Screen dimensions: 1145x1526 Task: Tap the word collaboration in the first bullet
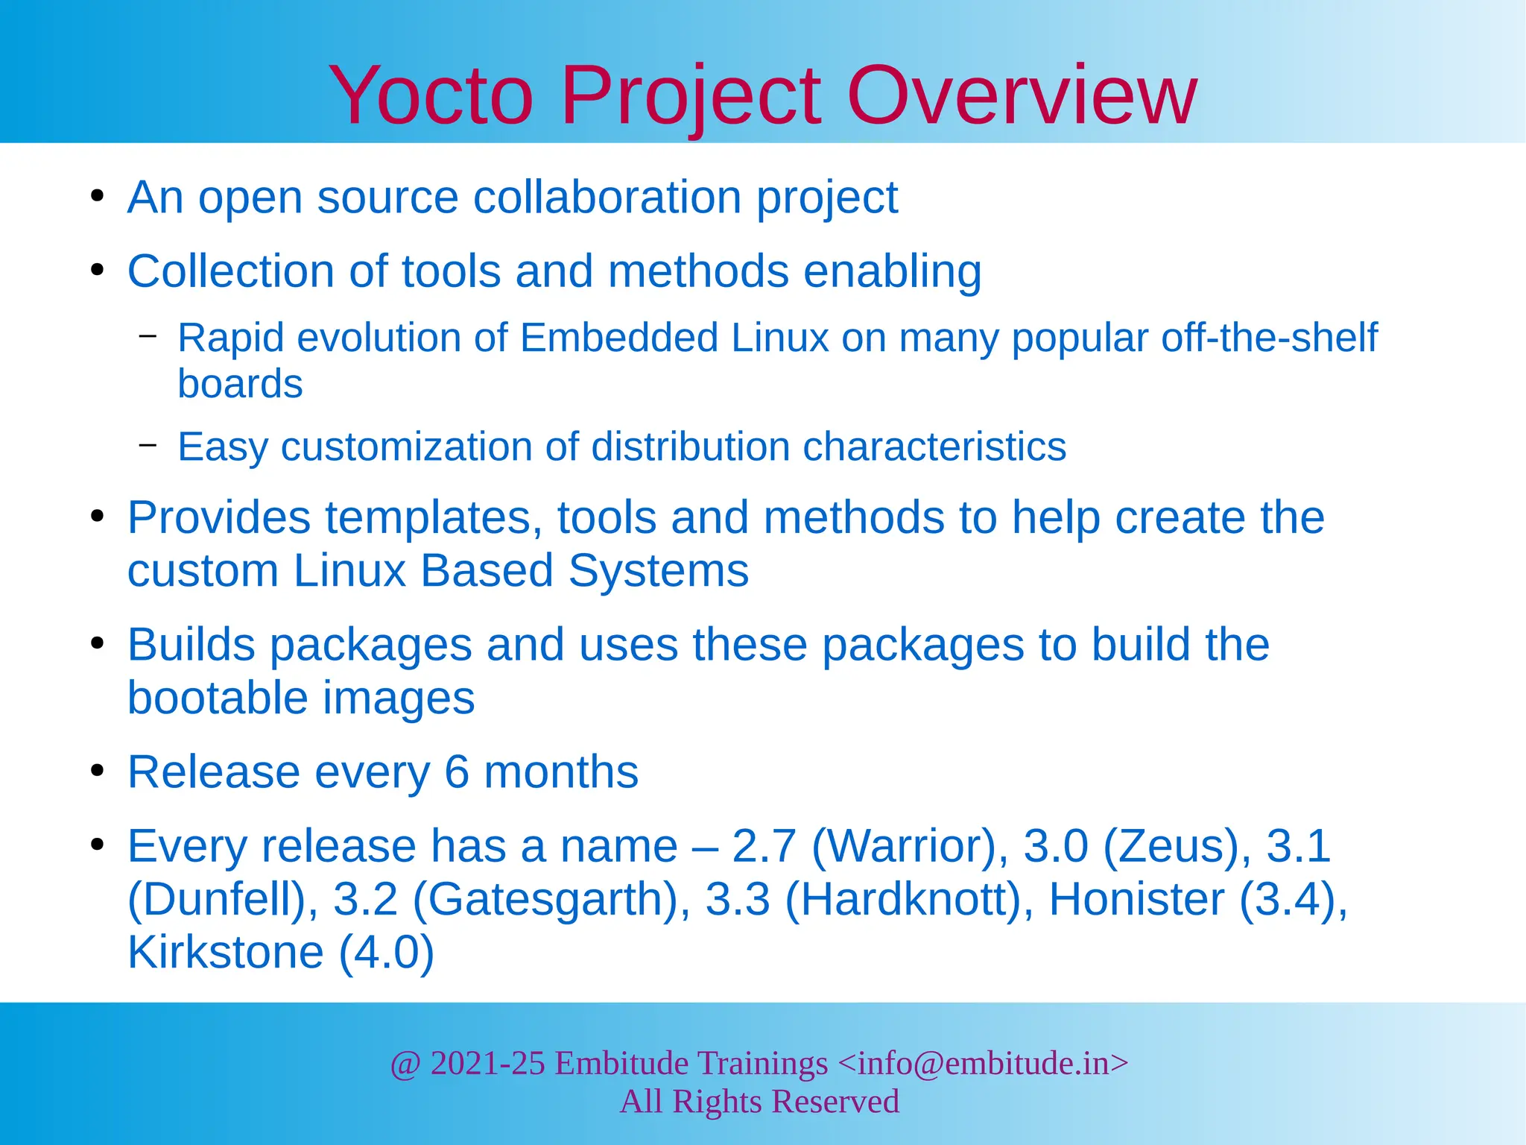coord(607,198)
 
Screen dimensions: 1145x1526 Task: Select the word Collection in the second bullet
coord(231,271)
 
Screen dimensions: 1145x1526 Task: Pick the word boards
coord(240,384)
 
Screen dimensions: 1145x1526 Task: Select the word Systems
coord(658,571)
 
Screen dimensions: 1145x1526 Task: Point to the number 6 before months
coord(457,772)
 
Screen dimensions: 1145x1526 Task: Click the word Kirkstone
coord(226,953)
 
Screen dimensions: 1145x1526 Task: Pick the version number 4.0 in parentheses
coord(385,953)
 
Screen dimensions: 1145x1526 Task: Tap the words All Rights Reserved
coord(759,1102)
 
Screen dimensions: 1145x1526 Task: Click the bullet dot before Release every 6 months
coord(97,771)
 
